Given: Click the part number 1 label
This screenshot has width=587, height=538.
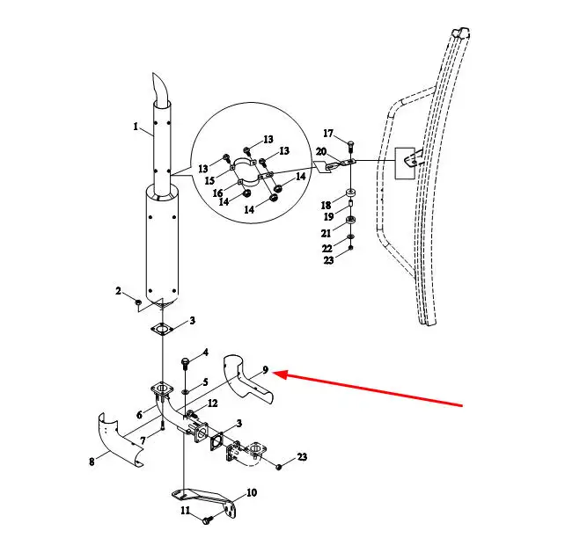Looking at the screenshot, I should click(x=136, y=127).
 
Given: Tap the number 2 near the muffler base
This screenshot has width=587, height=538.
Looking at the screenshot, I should click(x=118, y=290).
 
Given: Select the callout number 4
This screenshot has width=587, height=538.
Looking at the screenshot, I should click(x=205, y=353).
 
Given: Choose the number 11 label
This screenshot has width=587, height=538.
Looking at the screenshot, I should click(x=185, y=510).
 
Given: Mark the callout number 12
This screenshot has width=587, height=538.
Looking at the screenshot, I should click(x=212, y=403).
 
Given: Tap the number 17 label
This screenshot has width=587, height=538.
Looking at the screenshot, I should click(x=327, y=134).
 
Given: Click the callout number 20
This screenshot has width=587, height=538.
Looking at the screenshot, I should click(x=321, y=151).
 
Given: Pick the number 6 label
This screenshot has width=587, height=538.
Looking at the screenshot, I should click(x=139, y=415).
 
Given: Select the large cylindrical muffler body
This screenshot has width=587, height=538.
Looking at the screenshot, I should click(x=163, y=246).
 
